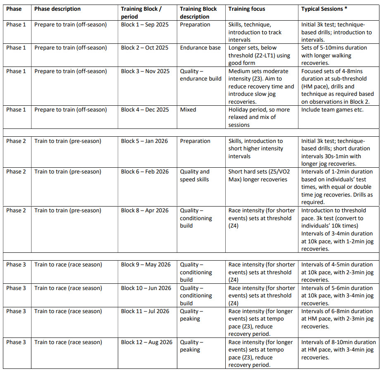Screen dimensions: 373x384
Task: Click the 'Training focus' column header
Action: coord(247,9)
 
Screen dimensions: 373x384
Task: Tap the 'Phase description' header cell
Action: coord(57,9)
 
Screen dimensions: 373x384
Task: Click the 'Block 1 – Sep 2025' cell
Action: coord(145,24)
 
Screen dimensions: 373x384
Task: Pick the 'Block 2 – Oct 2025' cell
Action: coord(145,48)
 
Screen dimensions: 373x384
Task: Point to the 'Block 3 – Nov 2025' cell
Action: coord(145,71)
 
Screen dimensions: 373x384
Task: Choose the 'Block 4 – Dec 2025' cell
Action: coord(145,109)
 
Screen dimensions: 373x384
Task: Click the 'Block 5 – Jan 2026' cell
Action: coord(144,141)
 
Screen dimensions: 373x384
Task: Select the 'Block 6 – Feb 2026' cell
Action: coord(145,171)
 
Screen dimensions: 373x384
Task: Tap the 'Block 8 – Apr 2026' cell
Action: coord(145,210)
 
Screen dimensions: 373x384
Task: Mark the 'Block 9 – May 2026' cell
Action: coord(145,264)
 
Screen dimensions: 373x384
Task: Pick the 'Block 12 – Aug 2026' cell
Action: coord(146,342)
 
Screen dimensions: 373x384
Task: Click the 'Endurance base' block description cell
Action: coord(200,48)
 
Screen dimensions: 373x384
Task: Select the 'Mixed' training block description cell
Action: coord(188,109)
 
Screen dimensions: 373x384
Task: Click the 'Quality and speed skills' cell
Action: coord(195,176)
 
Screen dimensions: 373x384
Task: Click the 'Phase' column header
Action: coord(14,9)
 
